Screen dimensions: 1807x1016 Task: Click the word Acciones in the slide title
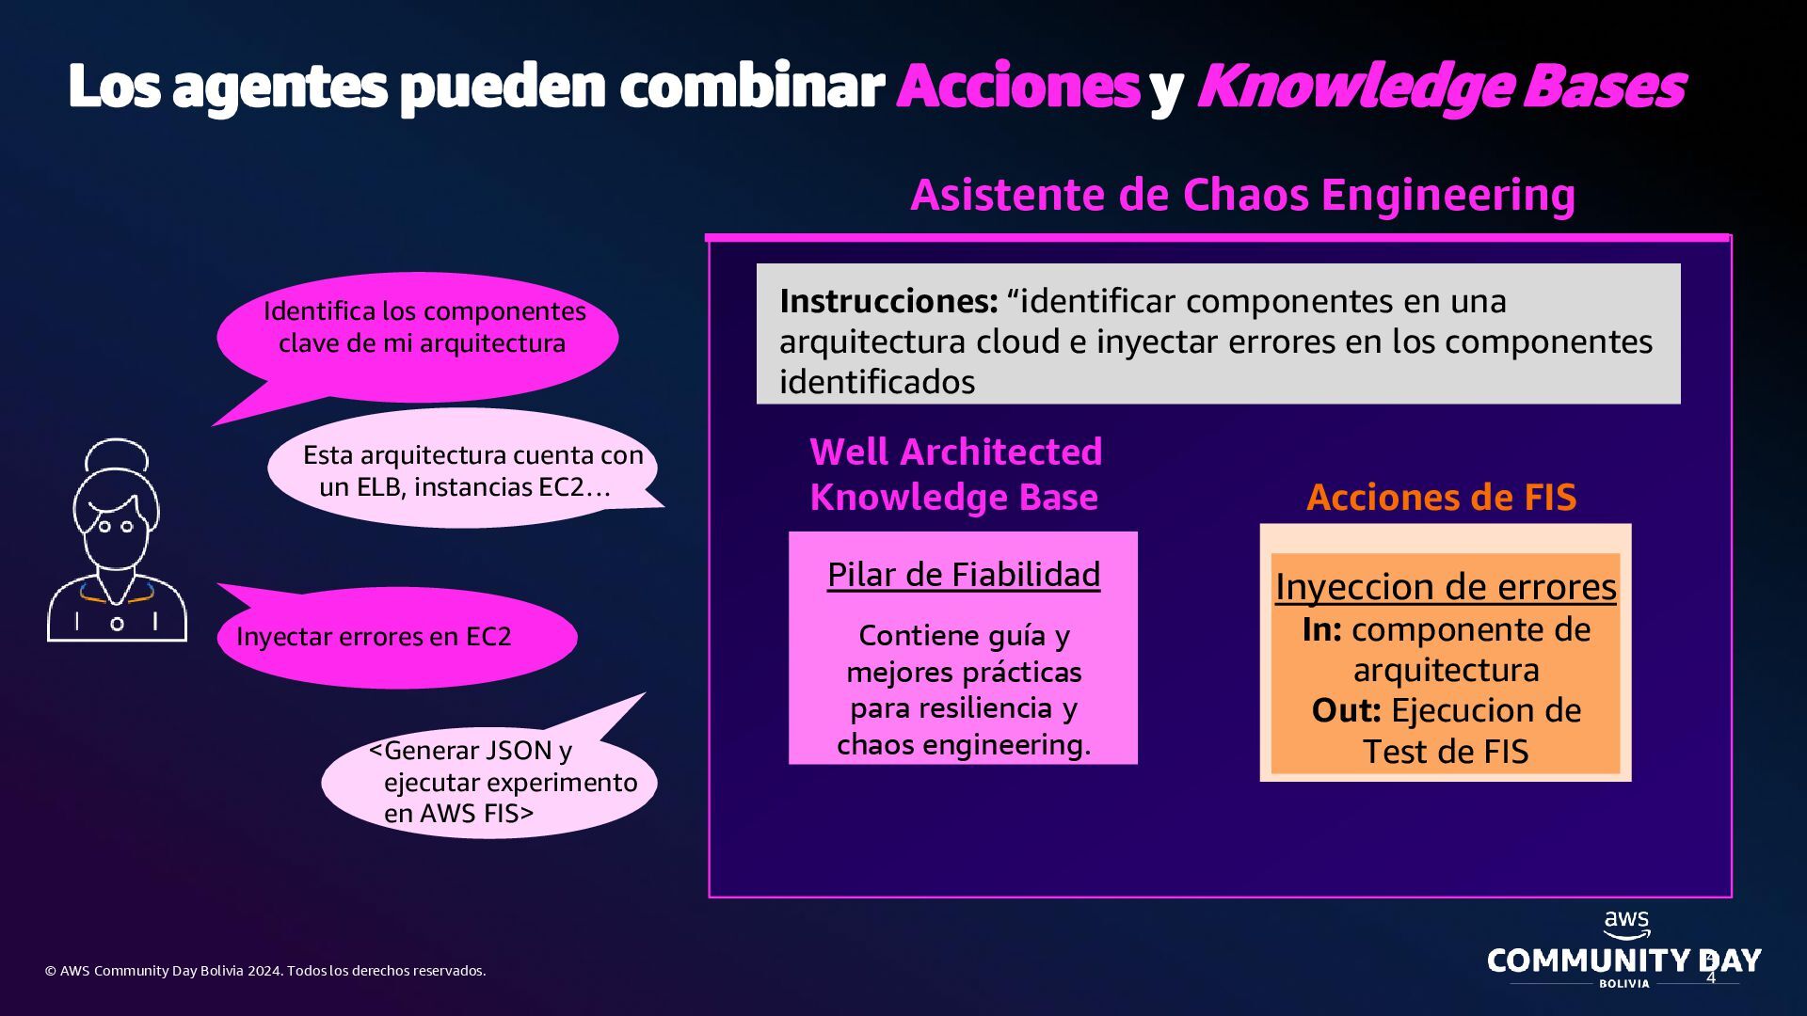point(1018,87)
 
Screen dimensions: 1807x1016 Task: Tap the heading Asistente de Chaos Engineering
point(1242,195)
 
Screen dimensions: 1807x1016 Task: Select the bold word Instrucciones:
point(888,301)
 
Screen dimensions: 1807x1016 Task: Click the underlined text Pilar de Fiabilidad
point(963,575)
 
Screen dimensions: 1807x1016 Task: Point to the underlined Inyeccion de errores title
point(1446,587)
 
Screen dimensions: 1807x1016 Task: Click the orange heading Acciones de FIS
point(1441,497)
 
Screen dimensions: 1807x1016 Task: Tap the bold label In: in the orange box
point(1321,629)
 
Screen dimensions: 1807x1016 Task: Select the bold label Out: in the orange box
point(1346,710)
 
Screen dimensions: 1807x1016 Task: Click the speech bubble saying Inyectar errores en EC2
point(395,637)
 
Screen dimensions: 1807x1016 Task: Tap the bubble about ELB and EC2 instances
point(466,470)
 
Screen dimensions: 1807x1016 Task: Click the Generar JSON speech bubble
point(494,781)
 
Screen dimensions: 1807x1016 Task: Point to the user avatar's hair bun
point(117,456)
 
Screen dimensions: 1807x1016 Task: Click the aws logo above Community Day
point(1626,924)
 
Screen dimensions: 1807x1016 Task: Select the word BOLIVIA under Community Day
point(1624,983)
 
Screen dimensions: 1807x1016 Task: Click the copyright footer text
point(265,971)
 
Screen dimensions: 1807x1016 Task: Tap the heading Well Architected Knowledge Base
point(955,474)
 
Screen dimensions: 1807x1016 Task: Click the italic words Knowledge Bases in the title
point(1440,87)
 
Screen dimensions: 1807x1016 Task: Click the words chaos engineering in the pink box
point(963,745)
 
